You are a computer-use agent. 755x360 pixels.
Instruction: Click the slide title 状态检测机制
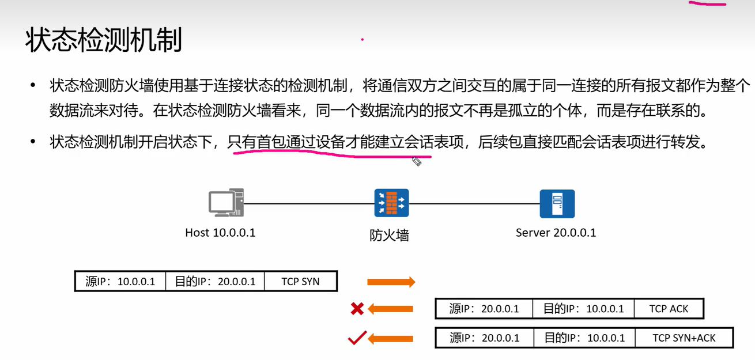click(x=104, y=40)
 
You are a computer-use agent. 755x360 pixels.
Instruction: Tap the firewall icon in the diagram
click(x=391, y=203)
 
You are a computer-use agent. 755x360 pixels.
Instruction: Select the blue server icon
click(x=557, y=203)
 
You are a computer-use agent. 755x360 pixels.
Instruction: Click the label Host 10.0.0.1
click(x=220, y=233)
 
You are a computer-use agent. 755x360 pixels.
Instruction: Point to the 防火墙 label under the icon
click(x=389, y=235)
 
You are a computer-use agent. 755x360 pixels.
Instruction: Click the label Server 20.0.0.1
click(x=556, y=233)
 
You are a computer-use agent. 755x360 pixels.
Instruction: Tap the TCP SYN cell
click(x=300, y=282)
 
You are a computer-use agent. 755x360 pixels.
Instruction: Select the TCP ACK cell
click(x=669, y=309)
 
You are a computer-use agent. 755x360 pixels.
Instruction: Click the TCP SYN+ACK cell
click(x=684, y=338)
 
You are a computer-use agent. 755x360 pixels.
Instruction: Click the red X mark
click(x=357, y=309)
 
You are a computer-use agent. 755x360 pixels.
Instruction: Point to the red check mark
click(x=357, y=338)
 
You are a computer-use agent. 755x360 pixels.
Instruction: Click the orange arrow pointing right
click(x=391, y=282)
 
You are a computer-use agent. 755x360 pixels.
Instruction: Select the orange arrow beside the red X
click(x=391, y=309)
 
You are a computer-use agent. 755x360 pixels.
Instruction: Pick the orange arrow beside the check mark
click(x=391, y=338)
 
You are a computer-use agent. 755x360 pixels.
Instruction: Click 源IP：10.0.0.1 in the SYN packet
click(x=120, y=282)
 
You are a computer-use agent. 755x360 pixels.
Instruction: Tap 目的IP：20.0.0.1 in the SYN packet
click(x=215, y=282)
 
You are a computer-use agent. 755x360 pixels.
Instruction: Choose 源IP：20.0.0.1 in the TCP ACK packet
click(x=484, y=309)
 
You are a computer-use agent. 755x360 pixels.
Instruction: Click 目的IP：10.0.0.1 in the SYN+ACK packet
click(x=585, y=338)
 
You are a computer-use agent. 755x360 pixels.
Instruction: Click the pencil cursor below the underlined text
click(x=417, y=162)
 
